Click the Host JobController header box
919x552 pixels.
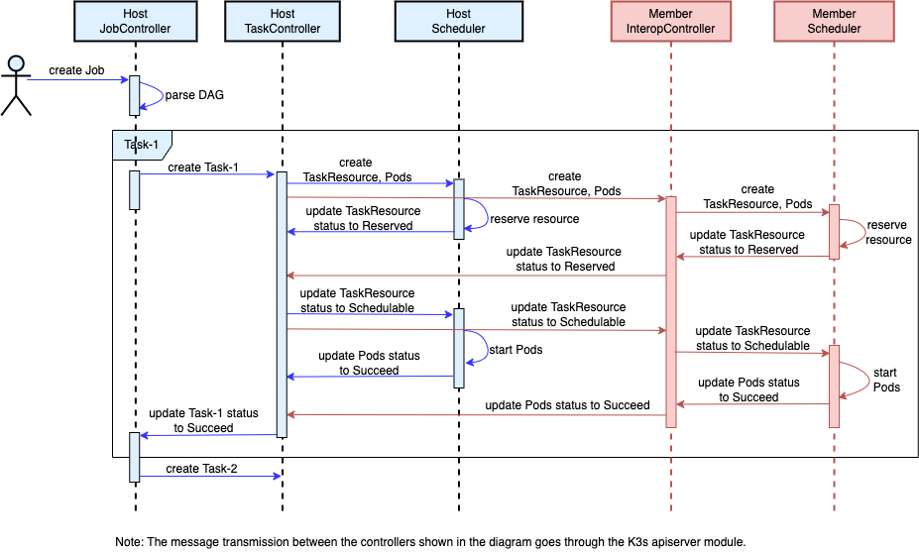pyautogui.click(x=135, y=22)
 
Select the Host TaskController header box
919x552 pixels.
pyautogui.click(x=283, y=22)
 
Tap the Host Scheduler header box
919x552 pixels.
pyautogui.click(x=458, y=22)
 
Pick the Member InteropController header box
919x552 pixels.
pyautogui.click(x=670, y=22)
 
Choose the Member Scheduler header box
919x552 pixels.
pyautogui.click(x=834, y=22)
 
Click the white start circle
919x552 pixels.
pyautogui.click(x=16, y=64)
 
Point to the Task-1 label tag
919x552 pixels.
pyautogui.click(x=142, y=145)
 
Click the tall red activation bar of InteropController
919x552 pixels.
pyautogui.click(x=671, y=311)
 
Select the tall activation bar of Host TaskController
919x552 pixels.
pyautogui.click(x=282, y=303)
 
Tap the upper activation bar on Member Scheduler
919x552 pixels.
pyautogui.click(x=834, y=232)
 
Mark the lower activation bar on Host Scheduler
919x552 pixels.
pyautogui.click(x=459, y=347)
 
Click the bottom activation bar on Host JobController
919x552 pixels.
pyautogui.click(x=135, y=457)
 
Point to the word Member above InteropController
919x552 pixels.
pyautogui.click(x=670, y=15)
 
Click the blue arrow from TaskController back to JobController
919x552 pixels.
pyautogui.click(x=208, y=435)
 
